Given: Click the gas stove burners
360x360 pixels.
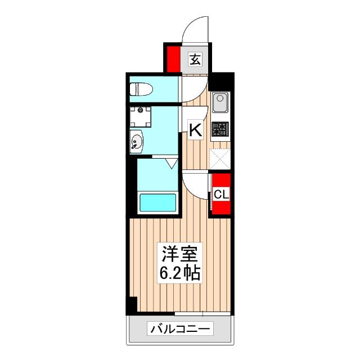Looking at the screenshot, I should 219,130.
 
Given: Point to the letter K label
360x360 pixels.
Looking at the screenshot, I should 195,130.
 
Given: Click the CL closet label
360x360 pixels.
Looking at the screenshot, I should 221,195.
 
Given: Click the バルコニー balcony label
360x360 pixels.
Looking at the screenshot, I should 179,328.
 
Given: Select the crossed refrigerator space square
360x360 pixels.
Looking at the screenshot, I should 219,159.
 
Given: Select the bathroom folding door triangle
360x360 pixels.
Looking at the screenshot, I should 172,164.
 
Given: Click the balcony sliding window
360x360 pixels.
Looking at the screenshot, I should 202,313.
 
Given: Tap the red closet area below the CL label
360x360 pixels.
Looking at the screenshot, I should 221,209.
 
